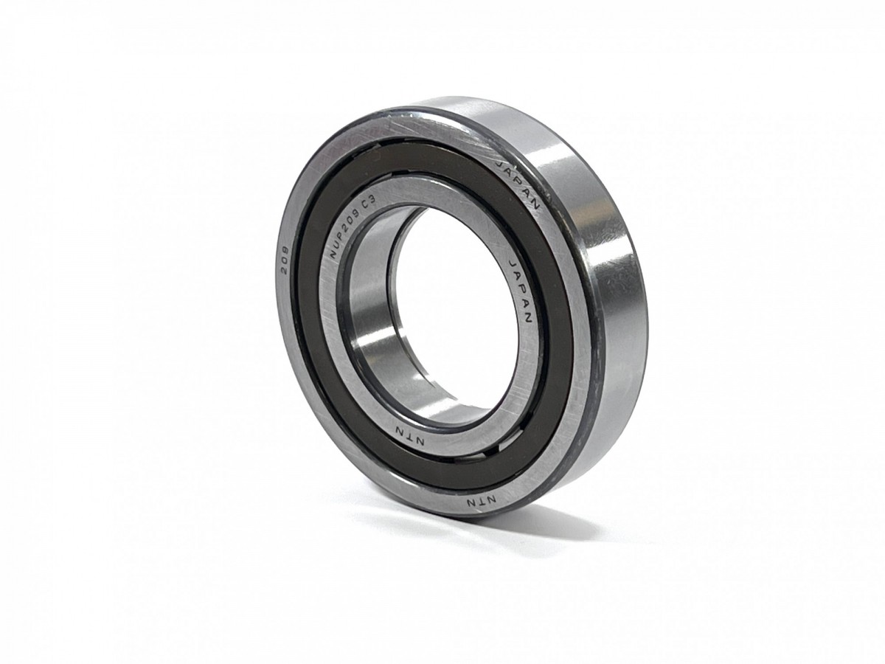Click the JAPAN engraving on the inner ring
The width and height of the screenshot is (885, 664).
pos(520,289)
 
